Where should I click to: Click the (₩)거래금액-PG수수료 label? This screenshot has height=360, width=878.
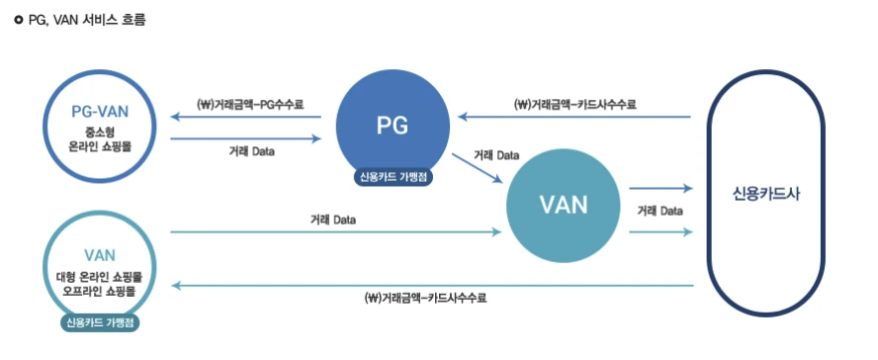(250, 103)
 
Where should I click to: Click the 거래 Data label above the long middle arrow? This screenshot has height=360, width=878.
(332, 219)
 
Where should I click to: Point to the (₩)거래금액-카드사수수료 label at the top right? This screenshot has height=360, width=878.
(574, 103)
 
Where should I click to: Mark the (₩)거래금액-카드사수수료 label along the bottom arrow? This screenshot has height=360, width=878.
(426, 297)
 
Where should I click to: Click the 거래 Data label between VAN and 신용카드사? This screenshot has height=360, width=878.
(658, 210)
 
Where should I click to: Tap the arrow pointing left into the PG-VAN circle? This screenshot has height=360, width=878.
(247, 117)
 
